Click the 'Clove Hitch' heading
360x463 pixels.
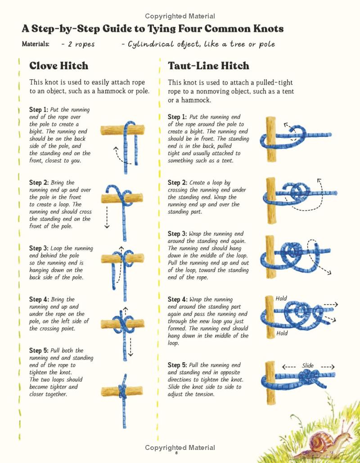58,66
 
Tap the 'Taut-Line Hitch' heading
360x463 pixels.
208,66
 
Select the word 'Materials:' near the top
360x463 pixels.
36,44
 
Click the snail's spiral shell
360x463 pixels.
320,442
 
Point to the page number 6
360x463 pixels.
176,453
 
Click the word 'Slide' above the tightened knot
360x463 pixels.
308,365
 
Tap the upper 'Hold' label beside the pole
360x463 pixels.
281,298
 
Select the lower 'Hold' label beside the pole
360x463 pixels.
282,333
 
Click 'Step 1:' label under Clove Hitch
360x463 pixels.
39,109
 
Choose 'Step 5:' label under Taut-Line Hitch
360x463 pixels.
177,365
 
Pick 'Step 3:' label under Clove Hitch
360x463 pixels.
39,248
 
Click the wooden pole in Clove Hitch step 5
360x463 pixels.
121,391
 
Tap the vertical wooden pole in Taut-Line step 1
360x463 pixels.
271,139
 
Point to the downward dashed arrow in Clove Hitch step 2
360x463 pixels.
107,217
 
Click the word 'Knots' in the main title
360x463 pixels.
269,28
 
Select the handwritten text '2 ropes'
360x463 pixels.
81,44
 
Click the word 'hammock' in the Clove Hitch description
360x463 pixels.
112,91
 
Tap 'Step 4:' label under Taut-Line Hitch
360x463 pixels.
177,299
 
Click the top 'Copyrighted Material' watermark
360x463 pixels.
180,16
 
